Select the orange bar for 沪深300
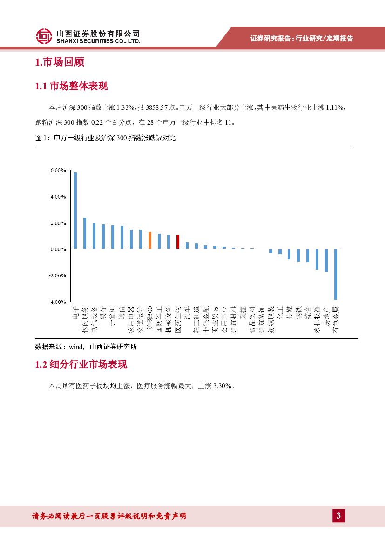click(149, 240)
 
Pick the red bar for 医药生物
click(177, 242)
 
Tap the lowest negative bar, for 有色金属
click(335, 274)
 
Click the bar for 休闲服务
click(85, 233)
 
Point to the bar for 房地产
click(326, 260)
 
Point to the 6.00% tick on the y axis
click(58, 171)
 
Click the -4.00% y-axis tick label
click(57, 302)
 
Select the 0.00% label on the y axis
click(58, 249)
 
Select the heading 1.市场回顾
click(59, 62)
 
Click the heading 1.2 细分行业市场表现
click(81, 364)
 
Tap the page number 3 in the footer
click(338, 516)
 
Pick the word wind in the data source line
click(75, 346)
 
